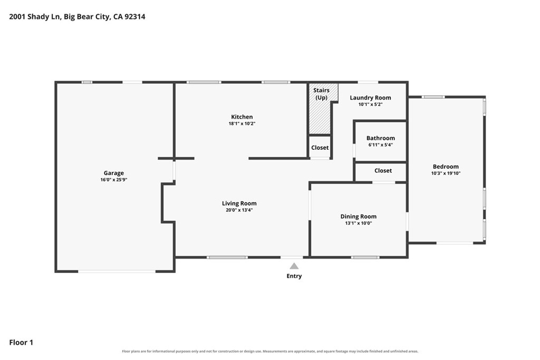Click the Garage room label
pos(114,173)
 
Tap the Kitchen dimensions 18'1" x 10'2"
pos(242,123)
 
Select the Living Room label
pos(239,203)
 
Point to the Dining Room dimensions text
pos(359,223)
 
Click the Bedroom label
pos(446,167)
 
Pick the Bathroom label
pos(381,138)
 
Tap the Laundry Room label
pos(370,98)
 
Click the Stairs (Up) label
pos(321,94)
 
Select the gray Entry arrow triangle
pos(294,266)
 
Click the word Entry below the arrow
pos(294,276)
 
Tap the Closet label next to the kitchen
pos(320,148)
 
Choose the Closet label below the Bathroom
pos(383,171)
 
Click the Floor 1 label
pos(21,343)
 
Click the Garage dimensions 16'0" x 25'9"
pos(114,180)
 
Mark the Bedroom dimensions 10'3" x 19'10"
pos(446,173)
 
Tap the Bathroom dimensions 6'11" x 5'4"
pos(381,145)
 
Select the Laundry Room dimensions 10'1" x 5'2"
pos(370,104)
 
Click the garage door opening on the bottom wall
pos(117,271)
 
